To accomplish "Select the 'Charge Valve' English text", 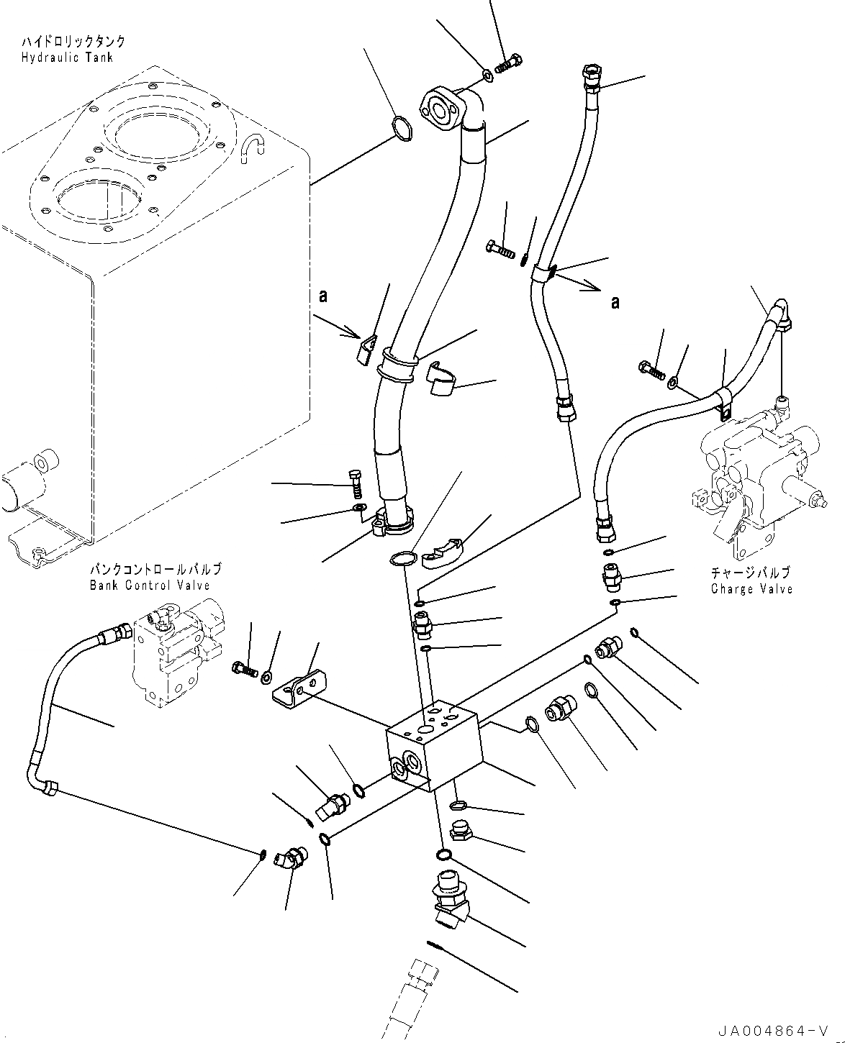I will (751, 588).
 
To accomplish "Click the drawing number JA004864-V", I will (787, 1031).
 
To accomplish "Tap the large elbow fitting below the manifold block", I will (448, 898).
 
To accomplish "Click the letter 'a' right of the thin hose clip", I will (615, 303).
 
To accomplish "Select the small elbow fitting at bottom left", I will (291, 859).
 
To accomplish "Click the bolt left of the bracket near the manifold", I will (245, 668).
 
